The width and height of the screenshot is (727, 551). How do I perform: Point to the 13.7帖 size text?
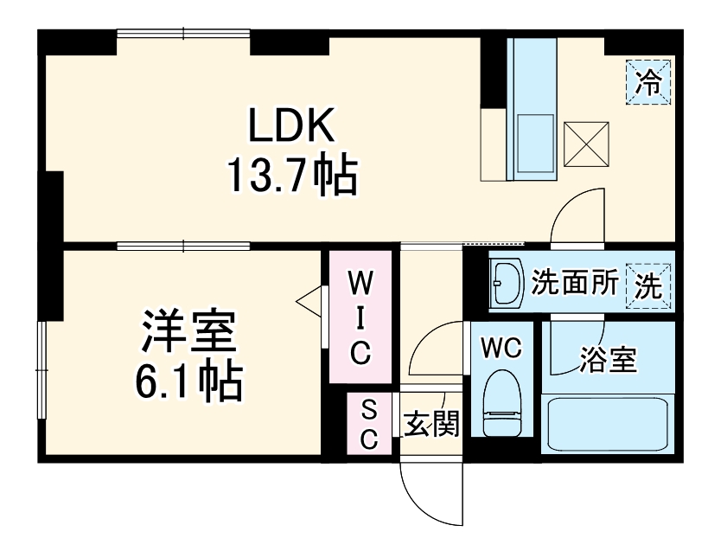pos(291,175)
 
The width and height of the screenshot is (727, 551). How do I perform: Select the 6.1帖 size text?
pos(188,381)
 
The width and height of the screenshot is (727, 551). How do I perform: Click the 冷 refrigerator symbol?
pos(648,82)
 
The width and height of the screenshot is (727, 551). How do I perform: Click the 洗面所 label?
pos(574,283)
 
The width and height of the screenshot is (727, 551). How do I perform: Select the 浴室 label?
pos(608,359)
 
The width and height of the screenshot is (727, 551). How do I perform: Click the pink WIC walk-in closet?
pos(361,317)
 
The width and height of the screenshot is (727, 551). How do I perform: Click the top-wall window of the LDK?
pos(183,34)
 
